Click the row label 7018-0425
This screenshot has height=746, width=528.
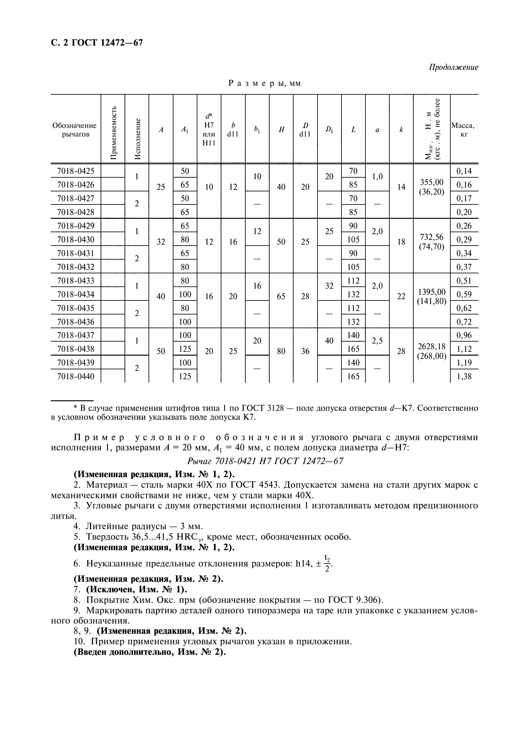tap(75, 171)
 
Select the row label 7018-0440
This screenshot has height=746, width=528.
tap(75, 376)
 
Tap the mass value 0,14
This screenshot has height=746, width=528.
tap(464, 171)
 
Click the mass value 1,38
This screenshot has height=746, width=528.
tap(464, 376)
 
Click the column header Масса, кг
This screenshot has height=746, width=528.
tap(464, 129)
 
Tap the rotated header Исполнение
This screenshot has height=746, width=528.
tap(137, 139)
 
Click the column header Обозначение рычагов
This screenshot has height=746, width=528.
tap(74, 129)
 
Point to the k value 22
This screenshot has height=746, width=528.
tap(401, 296)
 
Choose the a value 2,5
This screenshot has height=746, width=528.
tap(377, 341)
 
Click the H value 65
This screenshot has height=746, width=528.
tap(281, 296)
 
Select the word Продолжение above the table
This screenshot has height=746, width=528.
tap(453, 67)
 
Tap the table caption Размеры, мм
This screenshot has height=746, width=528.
tap(264, 83)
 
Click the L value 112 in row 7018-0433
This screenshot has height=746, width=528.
tap(353, 280)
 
